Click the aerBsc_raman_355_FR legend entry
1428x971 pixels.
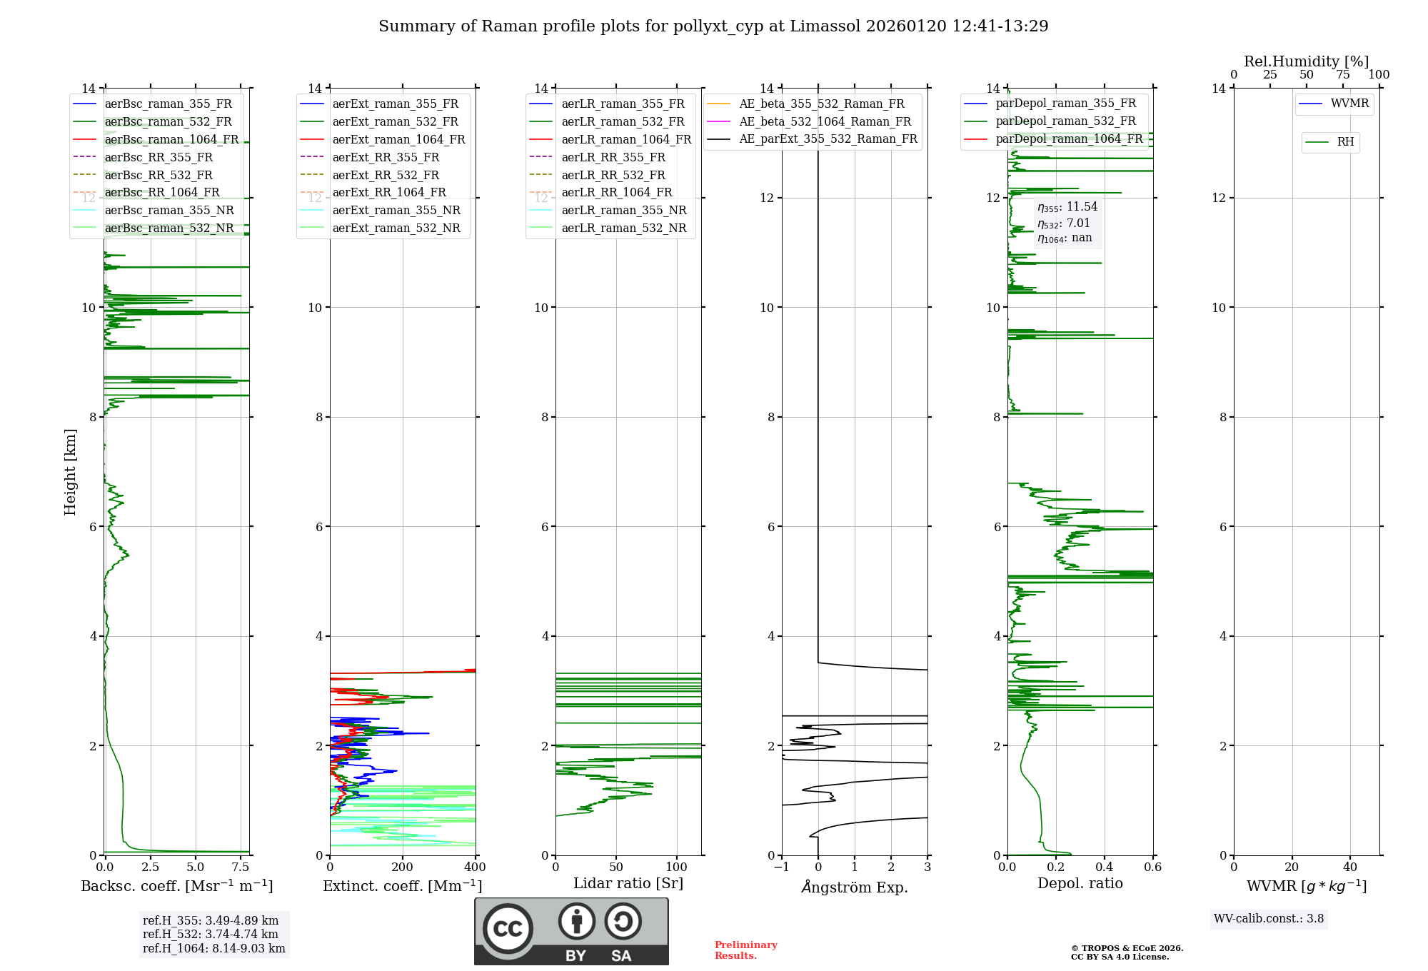(x=168, y=104)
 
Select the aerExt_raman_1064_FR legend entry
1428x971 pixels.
(x=398, y=140)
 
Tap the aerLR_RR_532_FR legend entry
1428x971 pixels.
(x=613, y=175)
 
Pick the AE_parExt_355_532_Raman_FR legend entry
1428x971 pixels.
(x=828, y=139)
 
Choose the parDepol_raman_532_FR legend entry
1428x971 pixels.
(x=1065, y=121)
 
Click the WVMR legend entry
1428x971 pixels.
(x=1349, y=104)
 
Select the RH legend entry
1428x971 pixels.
(x=1345, y=142)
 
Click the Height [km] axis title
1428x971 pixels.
(x=70, y=472)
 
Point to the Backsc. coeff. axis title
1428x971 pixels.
(x=176, y=886)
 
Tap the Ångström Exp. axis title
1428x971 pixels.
(x=855, y=887)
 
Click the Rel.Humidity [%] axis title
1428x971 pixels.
(x=1306, y=61)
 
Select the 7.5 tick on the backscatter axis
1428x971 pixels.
(x=241, y=867)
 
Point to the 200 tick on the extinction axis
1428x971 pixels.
(x=403, y=867)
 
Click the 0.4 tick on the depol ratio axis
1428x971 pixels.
(x=1105, y=867)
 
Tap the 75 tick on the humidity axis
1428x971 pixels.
(x=1342, y=75)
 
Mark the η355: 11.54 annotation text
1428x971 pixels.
(x=1067, y=207)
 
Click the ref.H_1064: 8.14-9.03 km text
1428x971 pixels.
(x=213, y=949)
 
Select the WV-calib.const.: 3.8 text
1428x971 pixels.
(x=1268, y=919)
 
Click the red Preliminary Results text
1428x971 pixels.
(x=745, y=950)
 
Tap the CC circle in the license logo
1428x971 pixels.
(x=508, y=929)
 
